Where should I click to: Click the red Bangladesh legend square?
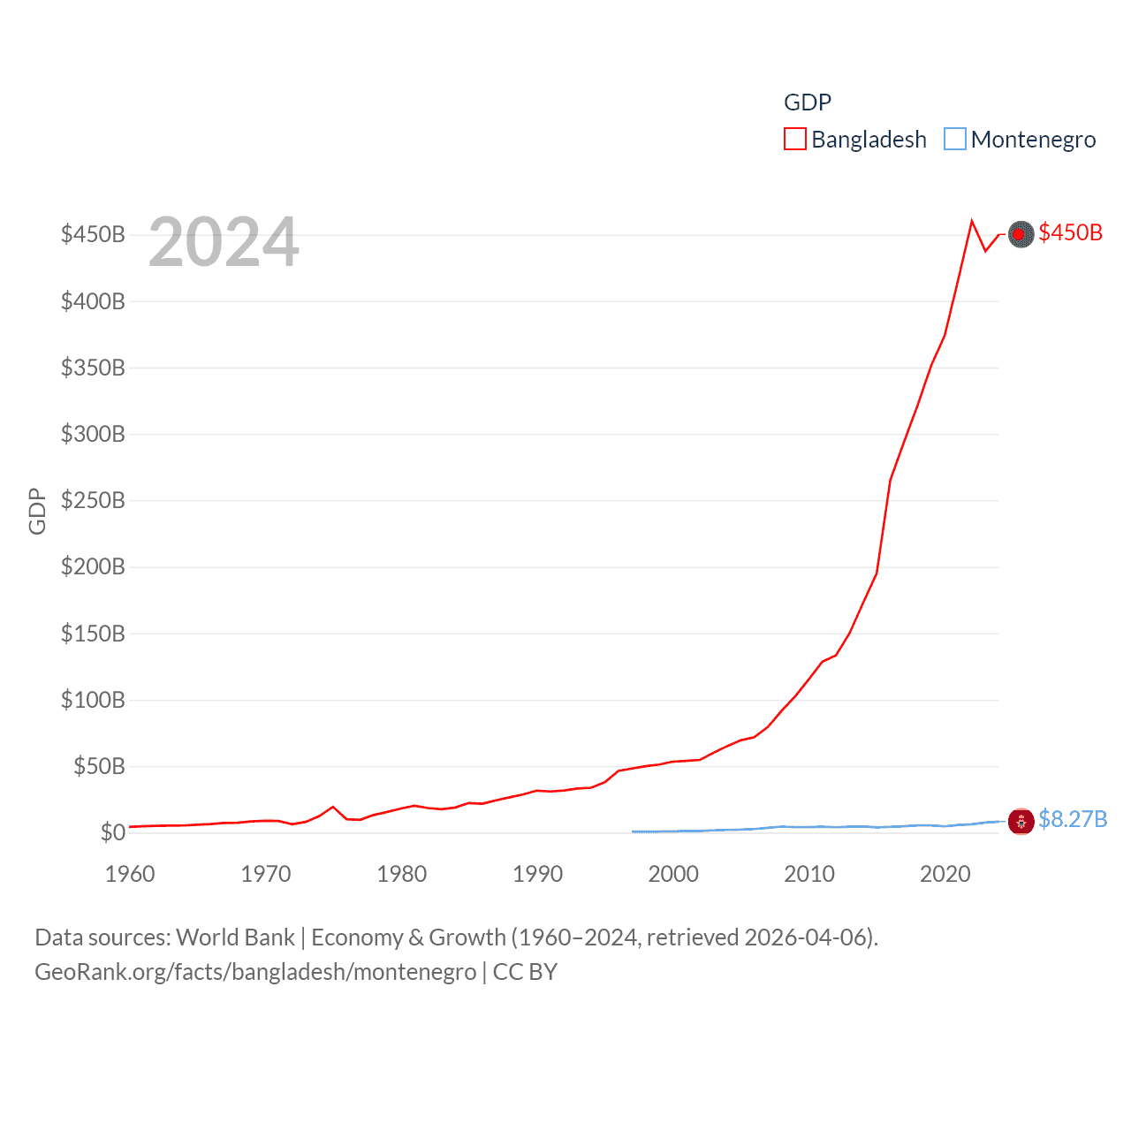[795, 140]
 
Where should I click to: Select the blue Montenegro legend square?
[955, 140]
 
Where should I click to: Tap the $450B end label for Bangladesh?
[1070, 232]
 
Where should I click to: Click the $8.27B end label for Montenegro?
[1073, 819]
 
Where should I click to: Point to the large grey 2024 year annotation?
[224, 242]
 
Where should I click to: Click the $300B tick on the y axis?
[93, 434]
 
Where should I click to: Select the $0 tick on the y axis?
[112, 832]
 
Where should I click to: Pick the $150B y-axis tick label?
[93, 634]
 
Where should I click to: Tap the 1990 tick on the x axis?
[537, 874]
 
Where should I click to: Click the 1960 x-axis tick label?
[130, 874]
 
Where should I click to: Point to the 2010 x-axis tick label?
[809, 874]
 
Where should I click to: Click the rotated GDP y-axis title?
[37, 511]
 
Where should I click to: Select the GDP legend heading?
[808, 102]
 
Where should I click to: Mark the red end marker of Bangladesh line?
[1021, 234]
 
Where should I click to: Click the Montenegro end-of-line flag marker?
[1021, 822]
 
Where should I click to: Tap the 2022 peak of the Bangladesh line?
[972, 221]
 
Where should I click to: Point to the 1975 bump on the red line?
[333, 807]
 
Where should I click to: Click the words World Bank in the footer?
[235, 937]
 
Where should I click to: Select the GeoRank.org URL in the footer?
[255, 972]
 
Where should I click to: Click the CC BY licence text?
[525, 972]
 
